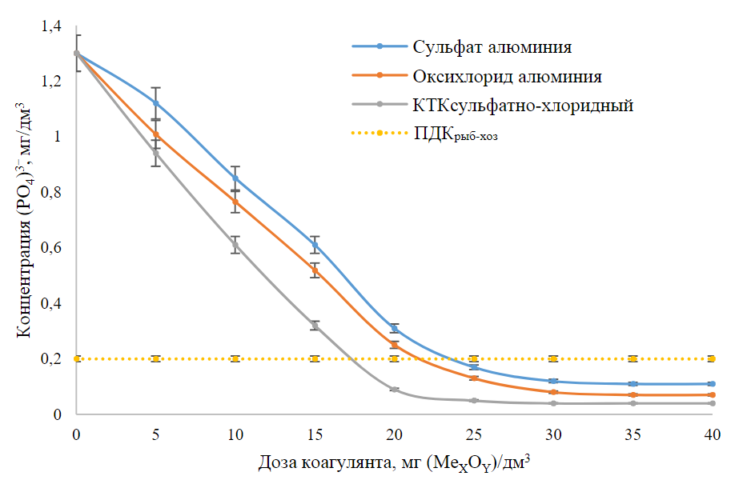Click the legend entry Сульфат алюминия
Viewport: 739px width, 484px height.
[492, 46]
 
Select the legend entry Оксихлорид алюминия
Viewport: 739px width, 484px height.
[507, 77]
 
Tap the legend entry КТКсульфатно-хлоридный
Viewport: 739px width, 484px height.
[524, 106]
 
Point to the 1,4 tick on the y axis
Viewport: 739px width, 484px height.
[51, 26]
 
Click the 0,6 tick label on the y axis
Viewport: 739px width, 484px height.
[51, 248]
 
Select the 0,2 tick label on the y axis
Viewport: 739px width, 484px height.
[51, 359]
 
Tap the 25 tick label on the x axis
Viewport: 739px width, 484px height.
[473, 434]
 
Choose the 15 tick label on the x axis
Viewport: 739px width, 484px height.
[315, 434]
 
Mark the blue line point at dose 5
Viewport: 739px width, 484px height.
[156, 103]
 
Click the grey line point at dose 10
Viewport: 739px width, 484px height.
[235, 245]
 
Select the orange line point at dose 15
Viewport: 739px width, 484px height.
[315, 270]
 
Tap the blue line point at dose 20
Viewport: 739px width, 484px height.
[394, 328]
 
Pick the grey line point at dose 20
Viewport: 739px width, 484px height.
[394, 390]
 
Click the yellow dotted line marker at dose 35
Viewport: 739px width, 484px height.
[633, 358]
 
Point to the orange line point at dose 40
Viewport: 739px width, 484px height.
[712, 395]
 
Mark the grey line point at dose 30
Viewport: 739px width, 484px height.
[553, 403]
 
